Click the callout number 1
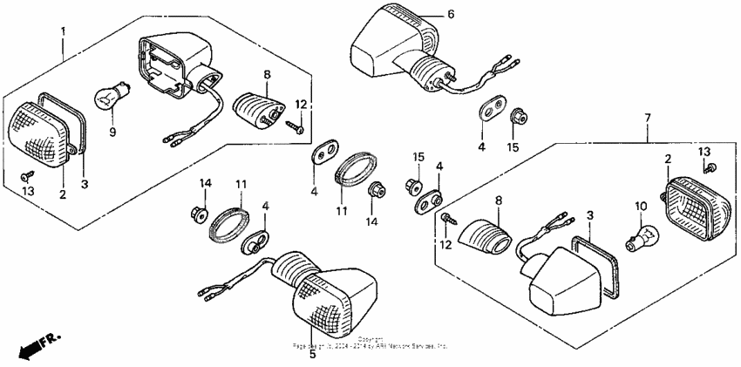(x=63, y=31)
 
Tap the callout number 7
(x=647, y=116)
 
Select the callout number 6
(x=451, y=15)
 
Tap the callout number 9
(x=112, y=133)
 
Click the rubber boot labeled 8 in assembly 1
(x=261, y=111)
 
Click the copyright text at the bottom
(x=370, y=343)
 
